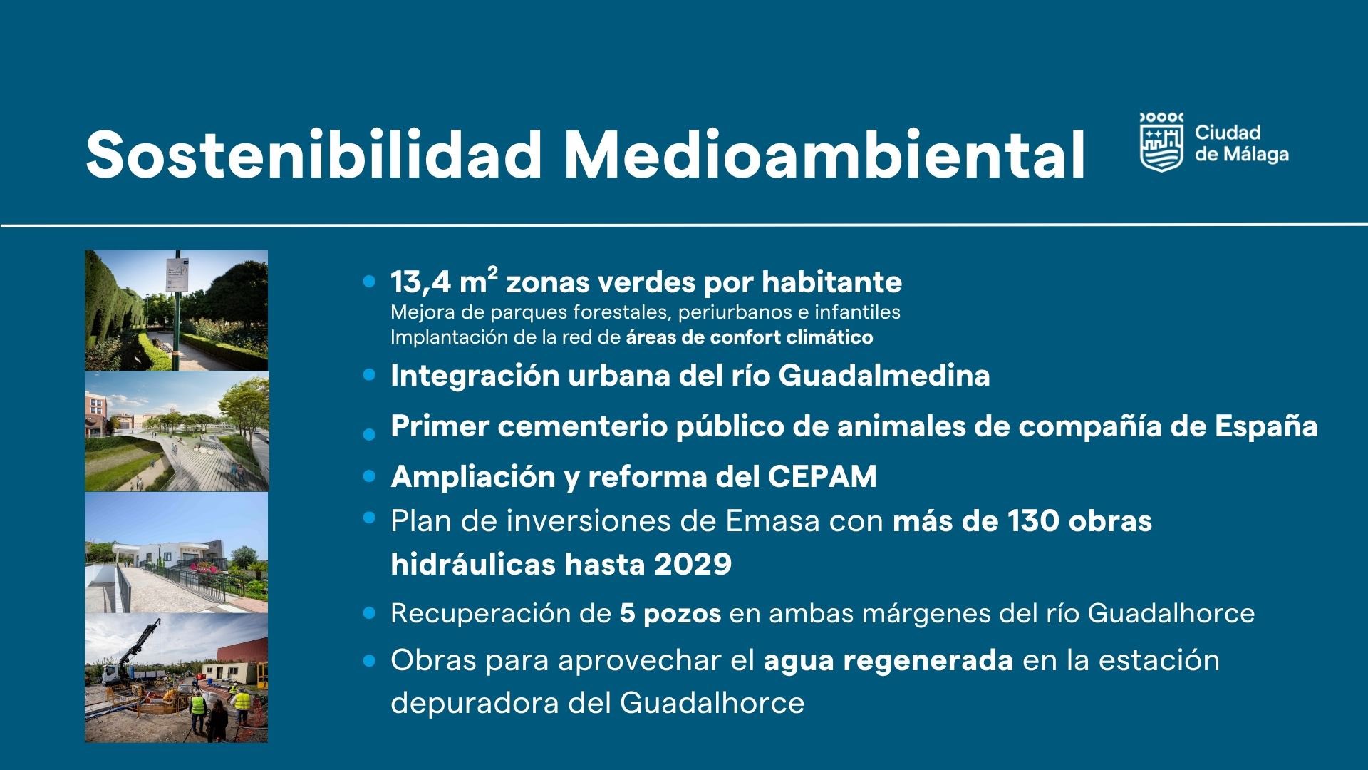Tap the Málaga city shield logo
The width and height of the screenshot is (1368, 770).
1161,143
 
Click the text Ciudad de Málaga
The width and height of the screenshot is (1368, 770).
1242,143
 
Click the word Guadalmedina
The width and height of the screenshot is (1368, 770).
883,376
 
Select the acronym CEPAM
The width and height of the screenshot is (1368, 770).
822,477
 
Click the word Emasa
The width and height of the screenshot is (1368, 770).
773,521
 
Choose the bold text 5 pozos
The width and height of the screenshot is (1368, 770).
670,614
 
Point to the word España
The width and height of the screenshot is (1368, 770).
1266,426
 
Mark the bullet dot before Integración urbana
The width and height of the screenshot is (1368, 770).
368,374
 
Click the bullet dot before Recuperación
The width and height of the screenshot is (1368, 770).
368,612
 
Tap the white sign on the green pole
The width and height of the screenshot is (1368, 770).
177,274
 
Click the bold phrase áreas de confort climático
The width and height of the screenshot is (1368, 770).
750,337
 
